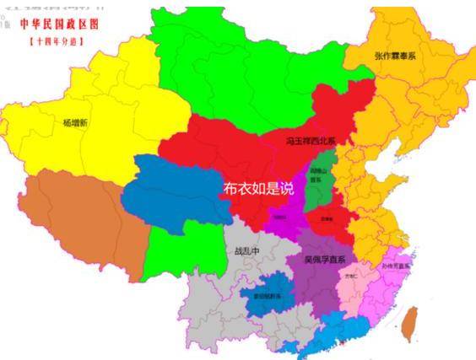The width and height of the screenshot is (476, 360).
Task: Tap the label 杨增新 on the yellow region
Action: (75, 121)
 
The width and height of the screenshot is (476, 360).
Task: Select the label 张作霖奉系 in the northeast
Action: (394, 55)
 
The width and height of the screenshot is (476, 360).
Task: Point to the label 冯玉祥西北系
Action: (311, 141)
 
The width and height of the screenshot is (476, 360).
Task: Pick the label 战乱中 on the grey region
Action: (246, 251)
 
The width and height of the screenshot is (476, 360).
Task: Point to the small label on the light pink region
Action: (351, 276)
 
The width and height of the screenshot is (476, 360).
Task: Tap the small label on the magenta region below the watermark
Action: (279, 217)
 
